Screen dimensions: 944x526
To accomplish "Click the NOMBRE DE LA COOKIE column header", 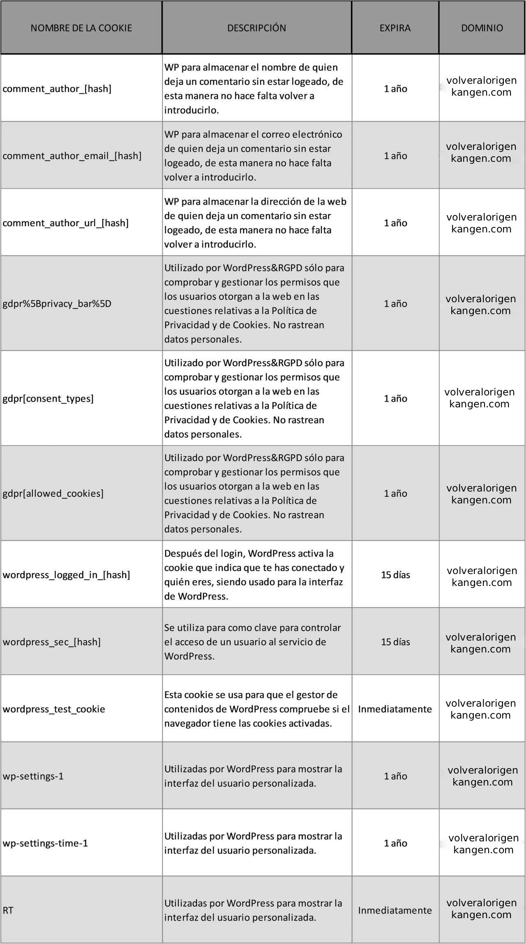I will pyautogui.click(x=81, y=28).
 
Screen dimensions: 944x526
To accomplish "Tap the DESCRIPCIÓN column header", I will pyautogui.click(x=256, y=28).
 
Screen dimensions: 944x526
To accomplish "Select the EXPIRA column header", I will pyautogui.click(x=395, y=28).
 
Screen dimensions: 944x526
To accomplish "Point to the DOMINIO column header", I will pyautogui.click(x=482, y=28).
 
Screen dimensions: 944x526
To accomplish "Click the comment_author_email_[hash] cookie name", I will pyautogui.click(x=72, y=156).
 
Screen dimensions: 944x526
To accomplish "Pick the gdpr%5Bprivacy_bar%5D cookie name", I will pyautogui.click(x=57, y=304).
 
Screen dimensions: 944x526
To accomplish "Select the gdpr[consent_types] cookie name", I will pyautogui.click(x=48, y=398).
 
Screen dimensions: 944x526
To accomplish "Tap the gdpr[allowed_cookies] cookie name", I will pyautogui.click(x=53, y=493).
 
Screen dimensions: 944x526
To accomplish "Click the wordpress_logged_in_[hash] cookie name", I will pyautogui.click(x=66, y=574).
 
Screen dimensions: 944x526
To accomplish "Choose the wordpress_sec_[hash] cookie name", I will pyautogui.click(x=51, y=642).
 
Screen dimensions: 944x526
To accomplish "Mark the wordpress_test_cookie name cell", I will pyautogui.click(x=54, y=709).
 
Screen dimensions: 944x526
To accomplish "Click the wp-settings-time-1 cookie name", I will pyautogui.click(x=45, y=843).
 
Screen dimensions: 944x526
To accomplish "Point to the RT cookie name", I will pyautogui.click(x=8, y=910).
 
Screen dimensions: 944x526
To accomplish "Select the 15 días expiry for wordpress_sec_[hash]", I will pyautogui.click(x=395, y=642).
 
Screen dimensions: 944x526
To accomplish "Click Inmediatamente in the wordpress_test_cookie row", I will pyautogui.click(x=395, y=709).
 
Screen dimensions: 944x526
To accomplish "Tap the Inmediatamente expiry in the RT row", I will pyautogui.click(x=395, y=910).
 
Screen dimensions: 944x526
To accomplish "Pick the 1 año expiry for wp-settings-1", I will pyautogui.click(x=395, y=776).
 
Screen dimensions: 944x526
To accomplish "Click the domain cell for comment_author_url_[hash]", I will pyautogui.click(x=481, y=223).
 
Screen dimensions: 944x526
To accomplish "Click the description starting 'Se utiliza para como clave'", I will pyautogui.click(x=252, y=642).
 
